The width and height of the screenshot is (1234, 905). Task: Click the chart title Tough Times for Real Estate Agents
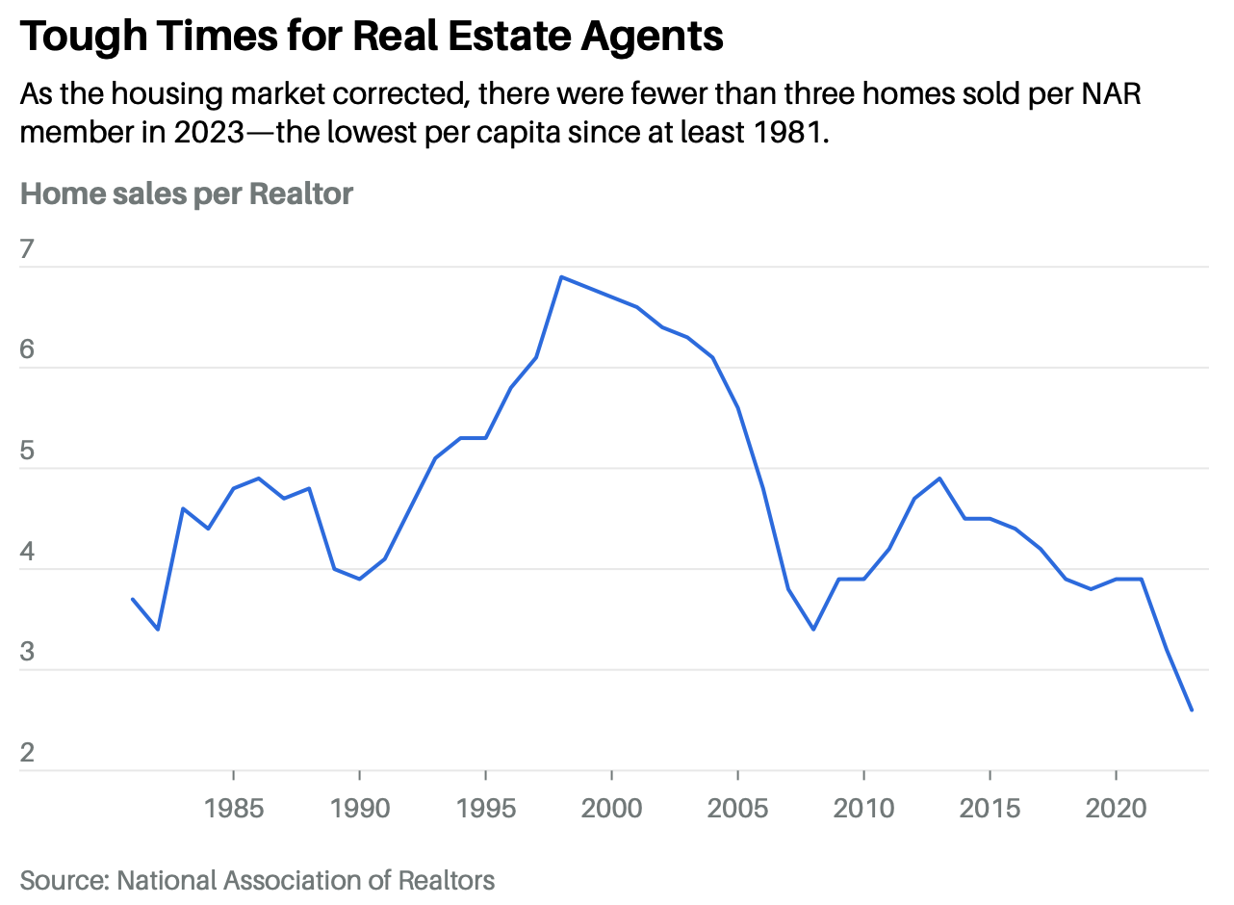[371, 36]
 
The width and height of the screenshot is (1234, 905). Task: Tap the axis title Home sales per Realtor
[187, 194]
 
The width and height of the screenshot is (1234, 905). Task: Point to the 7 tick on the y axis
[27, 249]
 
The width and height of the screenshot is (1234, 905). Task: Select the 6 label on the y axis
[27, 349]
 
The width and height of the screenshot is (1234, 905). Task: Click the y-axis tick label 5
[27, 451]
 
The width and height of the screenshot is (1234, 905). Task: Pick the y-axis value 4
[27, 552]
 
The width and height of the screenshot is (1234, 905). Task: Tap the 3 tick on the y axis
[27, 652]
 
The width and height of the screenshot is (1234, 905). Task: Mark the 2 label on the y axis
[27, 753]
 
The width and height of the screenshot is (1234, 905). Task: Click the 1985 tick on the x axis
[234, 807]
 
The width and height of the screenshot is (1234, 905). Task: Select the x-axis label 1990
[359, 807]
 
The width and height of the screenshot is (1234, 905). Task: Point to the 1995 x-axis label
[485, 807]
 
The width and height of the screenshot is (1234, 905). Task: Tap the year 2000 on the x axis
[611, 807]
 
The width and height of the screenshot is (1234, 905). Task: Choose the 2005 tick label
[737, 807]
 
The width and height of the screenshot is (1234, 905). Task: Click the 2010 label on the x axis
[863, 807]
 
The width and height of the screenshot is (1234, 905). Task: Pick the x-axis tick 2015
[990, 807]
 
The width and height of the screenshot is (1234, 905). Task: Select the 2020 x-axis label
[1116, 807]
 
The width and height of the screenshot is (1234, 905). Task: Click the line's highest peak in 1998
[561, 277]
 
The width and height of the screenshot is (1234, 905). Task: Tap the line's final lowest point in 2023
[1192, 711]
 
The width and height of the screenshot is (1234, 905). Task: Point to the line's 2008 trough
[813, 629]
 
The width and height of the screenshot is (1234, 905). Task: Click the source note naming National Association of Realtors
[257, 880]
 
